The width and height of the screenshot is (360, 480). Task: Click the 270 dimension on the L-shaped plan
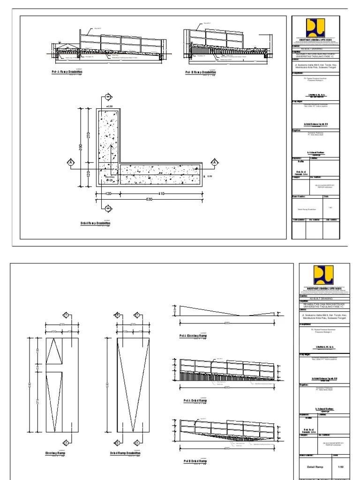[88, 135]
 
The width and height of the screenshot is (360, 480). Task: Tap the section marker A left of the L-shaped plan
[70, 162]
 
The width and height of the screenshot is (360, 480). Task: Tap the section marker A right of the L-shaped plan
[214, 162]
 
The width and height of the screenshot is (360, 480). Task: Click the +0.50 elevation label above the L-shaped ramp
[110, 107]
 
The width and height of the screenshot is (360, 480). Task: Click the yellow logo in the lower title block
[323, 273]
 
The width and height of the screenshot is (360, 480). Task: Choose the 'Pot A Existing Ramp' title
[194, 336]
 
